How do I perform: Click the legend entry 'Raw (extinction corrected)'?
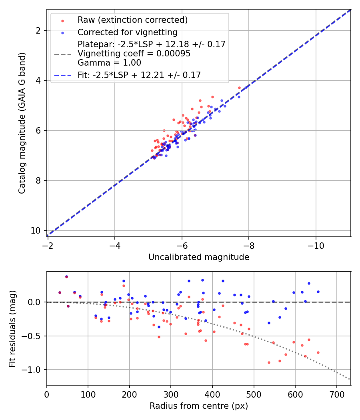tap(132, 20)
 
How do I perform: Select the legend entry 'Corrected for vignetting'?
tap(127, 32)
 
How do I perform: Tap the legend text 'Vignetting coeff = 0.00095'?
tap(134, 54)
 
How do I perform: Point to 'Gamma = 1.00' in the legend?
tap(109, 63)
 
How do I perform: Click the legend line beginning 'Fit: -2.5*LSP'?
tap(139, 75)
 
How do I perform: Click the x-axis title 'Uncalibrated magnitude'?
tap(199, 257)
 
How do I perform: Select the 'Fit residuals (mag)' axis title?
tap(12, 328)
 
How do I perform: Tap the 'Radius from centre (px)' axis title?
tap(199, 406)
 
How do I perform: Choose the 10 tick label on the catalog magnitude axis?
tap(37, 231)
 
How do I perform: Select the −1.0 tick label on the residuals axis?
tap(32, 370)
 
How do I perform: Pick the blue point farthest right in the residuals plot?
tap(318, 292)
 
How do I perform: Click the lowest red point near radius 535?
tap(269, 362)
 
